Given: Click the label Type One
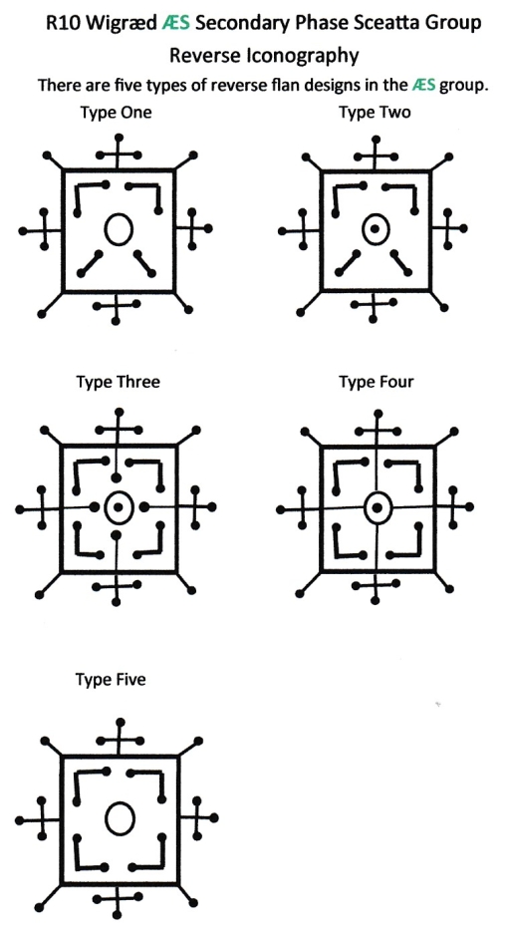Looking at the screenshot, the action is coord(116,113).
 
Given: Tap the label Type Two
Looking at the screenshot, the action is coord(375,113).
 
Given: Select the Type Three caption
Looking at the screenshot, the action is coord(119,382).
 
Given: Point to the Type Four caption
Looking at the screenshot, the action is coord(377,382).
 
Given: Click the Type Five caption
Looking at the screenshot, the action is coord(111,680).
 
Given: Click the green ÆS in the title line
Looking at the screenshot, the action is coord(176,23).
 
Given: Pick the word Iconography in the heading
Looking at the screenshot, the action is coord(301,56).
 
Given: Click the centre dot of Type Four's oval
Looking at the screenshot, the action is coord(377,508).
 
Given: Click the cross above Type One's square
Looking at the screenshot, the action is coord(119,153).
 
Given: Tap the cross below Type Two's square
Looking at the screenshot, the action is coord(375,306).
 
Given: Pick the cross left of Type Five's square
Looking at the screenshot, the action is coord(40,819).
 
